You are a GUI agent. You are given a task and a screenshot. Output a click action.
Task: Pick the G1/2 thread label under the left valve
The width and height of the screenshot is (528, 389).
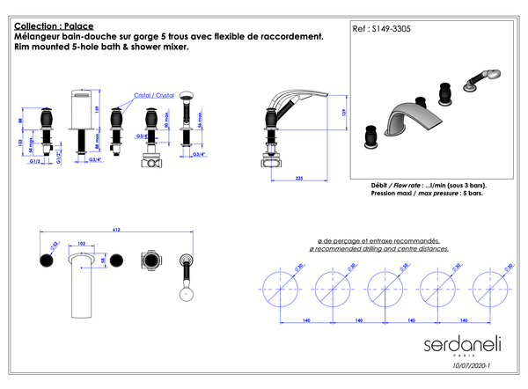[x=35, y=162]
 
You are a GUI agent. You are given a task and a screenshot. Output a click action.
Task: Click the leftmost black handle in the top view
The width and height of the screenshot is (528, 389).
[x=44, y=261]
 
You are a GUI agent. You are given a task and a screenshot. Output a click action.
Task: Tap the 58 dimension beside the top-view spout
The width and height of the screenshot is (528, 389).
[x=104, y=261]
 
